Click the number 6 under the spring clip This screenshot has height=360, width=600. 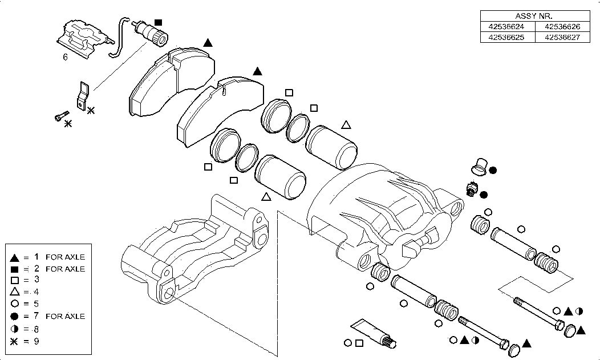(x=65, y=57)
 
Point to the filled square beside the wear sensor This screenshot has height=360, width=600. (x=159, y=22)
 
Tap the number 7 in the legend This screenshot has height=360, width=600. (x=35, y=316)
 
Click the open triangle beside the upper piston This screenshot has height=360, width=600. (x=346, y=124)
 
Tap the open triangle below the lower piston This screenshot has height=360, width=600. (x=265, y=197)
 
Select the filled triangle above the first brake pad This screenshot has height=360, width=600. (x=208, y=43)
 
